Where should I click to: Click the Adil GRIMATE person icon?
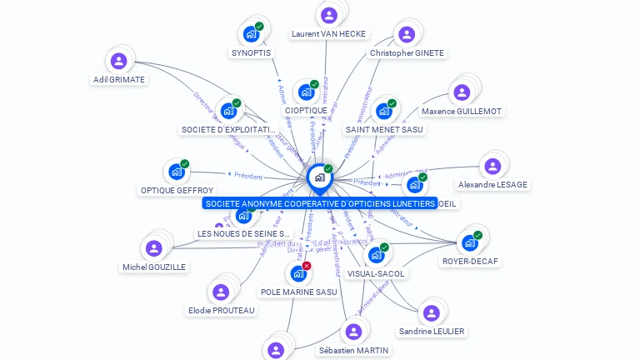(x=119, y=61)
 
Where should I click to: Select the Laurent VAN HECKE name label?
(x=328, y=33)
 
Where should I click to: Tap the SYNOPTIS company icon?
(x=250, y=34)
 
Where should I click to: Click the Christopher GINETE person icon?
(x=406, y=34)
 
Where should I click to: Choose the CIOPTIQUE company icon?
(x=306, y=92)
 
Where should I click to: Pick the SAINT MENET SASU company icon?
(x=383, y=111)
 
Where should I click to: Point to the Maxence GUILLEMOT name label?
(x=461, y=111)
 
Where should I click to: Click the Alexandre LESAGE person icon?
(x=492, y=166)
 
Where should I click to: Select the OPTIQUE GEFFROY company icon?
(x=176, y=172)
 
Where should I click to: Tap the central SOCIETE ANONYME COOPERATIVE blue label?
(x=320, y=203)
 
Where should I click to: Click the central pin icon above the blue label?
(x=319, y=177)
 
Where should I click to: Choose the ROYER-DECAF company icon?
(x=470, y=242)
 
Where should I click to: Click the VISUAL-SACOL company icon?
(x=376, y=255)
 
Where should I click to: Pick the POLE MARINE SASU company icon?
(x=297, y=273)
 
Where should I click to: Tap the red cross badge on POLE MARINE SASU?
(x=307, y=266)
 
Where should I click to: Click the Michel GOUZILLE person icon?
(x=154, y=248)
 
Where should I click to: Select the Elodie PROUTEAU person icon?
(x=221, y=292)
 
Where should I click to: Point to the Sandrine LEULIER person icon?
(x=431, y=312)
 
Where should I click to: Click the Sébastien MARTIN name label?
(x=353, y=350)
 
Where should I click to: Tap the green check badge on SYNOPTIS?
(x=259, y=27)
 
